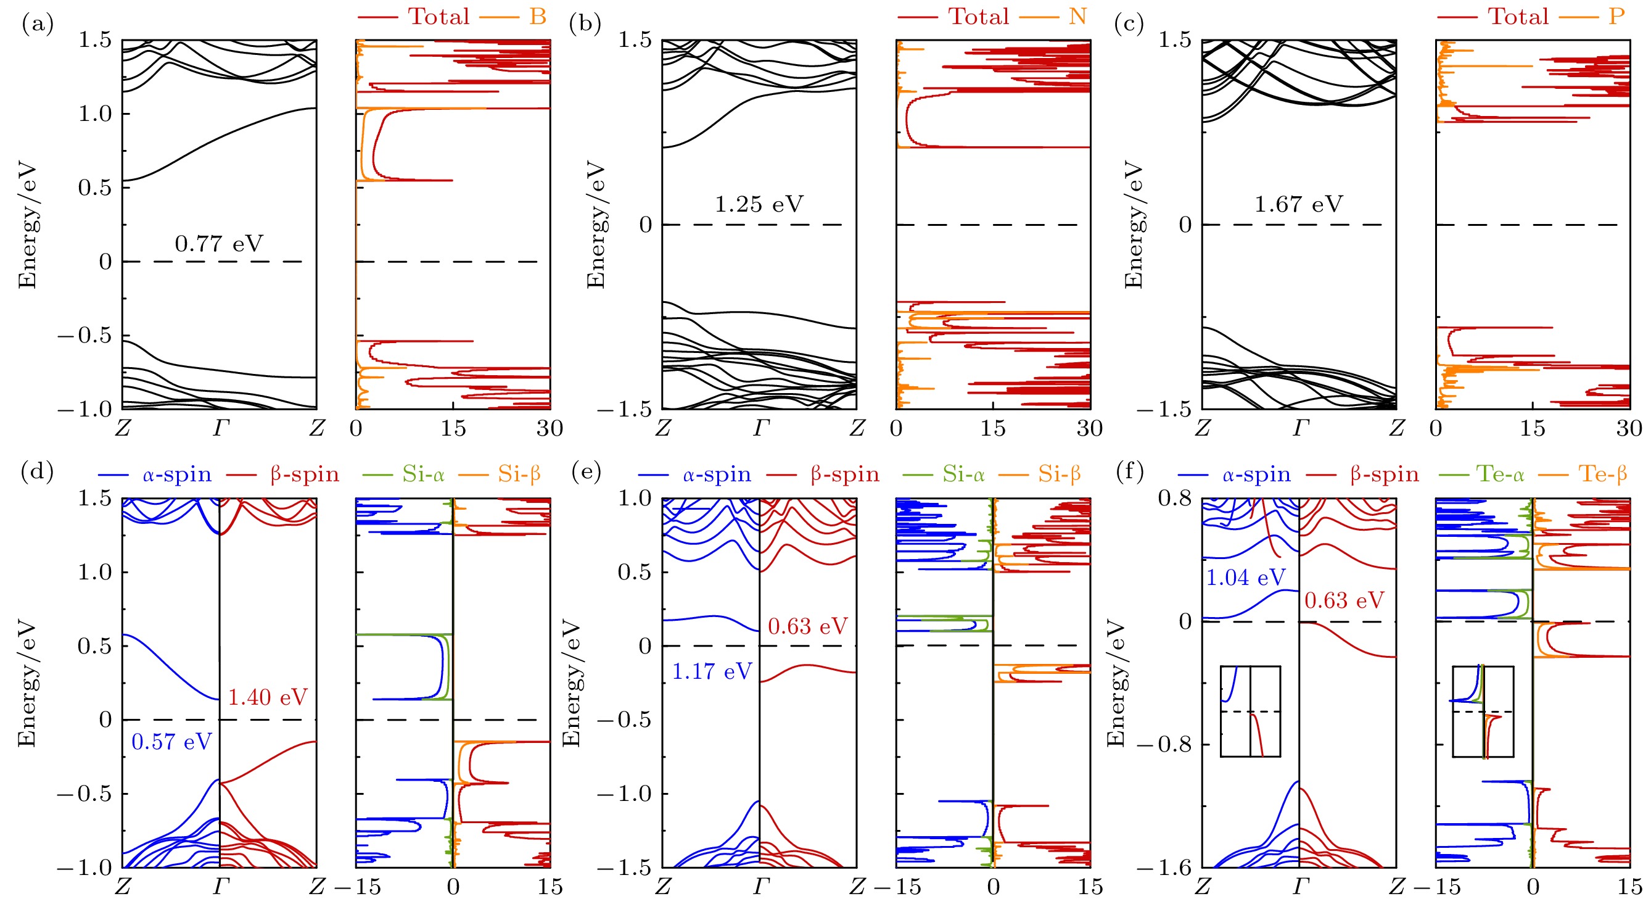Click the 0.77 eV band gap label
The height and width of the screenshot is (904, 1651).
(218, 244)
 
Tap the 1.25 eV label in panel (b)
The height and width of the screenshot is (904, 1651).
(759, 204)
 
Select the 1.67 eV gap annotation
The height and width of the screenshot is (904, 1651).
(1298, 204)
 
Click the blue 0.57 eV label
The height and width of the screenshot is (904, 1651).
(171, 742)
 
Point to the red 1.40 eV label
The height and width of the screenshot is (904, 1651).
(268, 697)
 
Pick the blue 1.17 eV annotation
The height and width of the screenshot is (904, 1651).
(712, 671)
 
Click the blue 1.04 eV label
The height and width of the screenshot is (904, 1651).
(1245, 578)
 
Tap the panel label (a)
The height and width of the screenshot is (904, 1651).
(37, 23)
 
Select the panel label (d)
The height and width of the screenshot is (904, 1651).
(37, 472)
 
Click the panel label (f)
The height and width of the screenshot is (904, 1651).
(1129, 472)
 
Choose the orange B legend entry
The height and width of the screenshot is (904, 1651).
(538, 16)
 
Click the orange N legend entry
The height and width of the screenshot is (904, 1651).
(1077, 16)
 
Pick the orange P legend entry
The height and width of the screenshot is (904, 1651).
(1617, 16)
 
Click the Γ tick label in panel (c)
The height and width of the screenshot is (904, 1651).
(1301, 428)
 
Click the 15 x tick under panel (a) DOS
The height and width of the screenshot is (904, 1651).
(453, 428)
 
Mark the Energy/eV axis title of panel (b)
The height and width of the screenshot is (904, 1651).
(596, 225)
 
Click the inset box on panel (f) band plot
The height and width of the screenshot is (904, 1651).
(1250, 711)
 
